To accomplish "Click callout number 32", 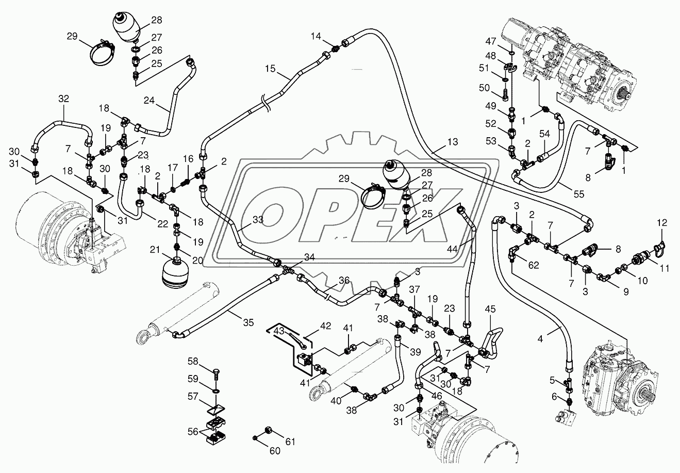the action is [x=63, y=98].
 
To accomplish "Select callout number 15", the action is [x=272, y=69].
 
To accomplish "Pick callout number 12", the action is [x=662, y=223].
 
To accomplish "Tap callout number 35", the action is [x=248, y=323].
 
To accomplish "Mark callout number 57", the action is [x=192, y=396].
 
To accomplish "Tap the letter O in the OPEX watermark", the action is [x=271, y=217].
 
